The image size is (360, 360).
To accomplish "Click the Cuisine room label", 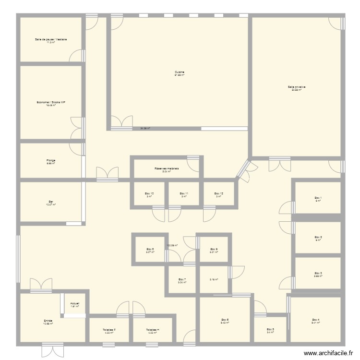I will tap(180, 72).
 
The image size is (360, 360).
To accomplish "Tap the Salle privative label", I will tap(297, 87).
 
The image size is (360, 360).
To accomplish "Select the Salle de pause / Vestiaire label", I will tap(50, 39).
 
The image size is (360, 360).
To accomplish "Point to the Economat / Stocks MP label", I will tap(50, 102).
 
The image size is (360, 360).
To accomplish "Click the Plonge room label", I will tap(50, 161).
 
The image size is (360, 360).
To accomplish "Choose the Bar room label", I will tap(50, 202).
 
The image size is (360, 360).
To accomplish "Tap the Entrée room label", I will tap(48, 321).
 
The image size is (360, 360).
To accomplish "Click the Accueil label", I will tap(74, 304).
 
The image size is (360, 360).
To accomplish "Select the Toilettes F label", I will tap(109, 330).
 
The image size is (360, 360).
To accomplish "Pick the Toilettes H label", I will tap(153, 330).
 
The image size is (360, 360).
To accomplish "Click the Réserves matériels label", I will tap(167, 169).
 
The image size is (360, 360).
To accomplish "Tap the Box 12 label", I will tap(218, 194).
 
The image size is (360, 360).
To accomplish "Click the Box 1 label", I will tap(318, 198).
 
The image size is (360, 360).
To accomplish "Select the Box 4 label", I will tap(315, 320).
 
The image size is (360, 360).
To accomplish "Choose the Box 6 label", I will tap(225, 320).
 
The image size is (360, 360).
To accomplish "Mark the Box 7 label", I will tap(181, 280).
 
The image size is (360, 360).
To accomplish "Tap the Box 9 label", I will tap(214, 249).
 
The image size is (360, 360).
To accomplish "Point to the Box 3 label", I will tap(318, 274).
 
